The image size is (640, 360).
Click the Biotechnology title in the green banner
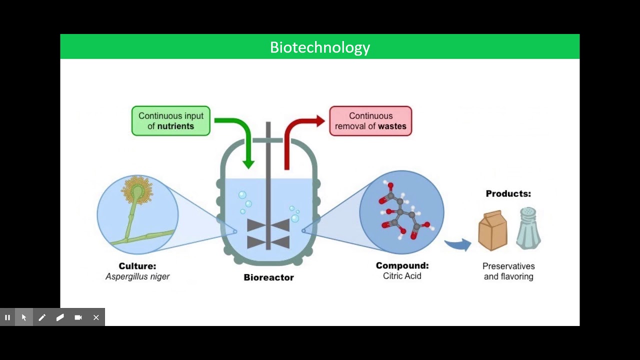pos(320,47)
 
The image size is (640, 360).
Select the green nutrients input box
pos(171,121)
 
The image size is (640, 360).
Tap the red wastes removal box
pos(370,121)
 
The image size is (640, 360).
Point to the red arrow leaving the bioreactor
pos(295,132)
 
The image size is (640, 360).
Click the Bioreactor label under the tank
pos(268,277)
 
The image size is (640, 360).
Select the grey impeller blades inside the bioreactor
pos(268,233)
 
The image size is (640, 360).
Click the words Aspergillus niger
pos(137,276)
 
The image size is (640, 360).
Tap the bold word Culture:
pos(137,266)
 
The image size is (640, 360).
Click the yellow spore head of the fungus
pos(136,190)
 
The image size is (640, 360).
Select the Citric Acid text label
pos(402,276)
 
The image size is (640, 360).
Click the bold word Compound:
pos(402,266)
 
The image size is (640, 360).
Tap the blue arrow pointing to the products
pos(458,244)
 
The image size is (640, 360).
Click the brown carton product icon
pos(492,230)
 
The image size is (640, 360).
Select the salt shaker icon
pos(528,228)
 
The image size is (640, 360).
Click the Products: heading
pos(508,194)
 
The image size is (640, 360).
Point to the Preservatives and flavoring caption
pos(508,271)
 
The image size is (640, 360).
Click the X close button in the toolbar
pos(96,317)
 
